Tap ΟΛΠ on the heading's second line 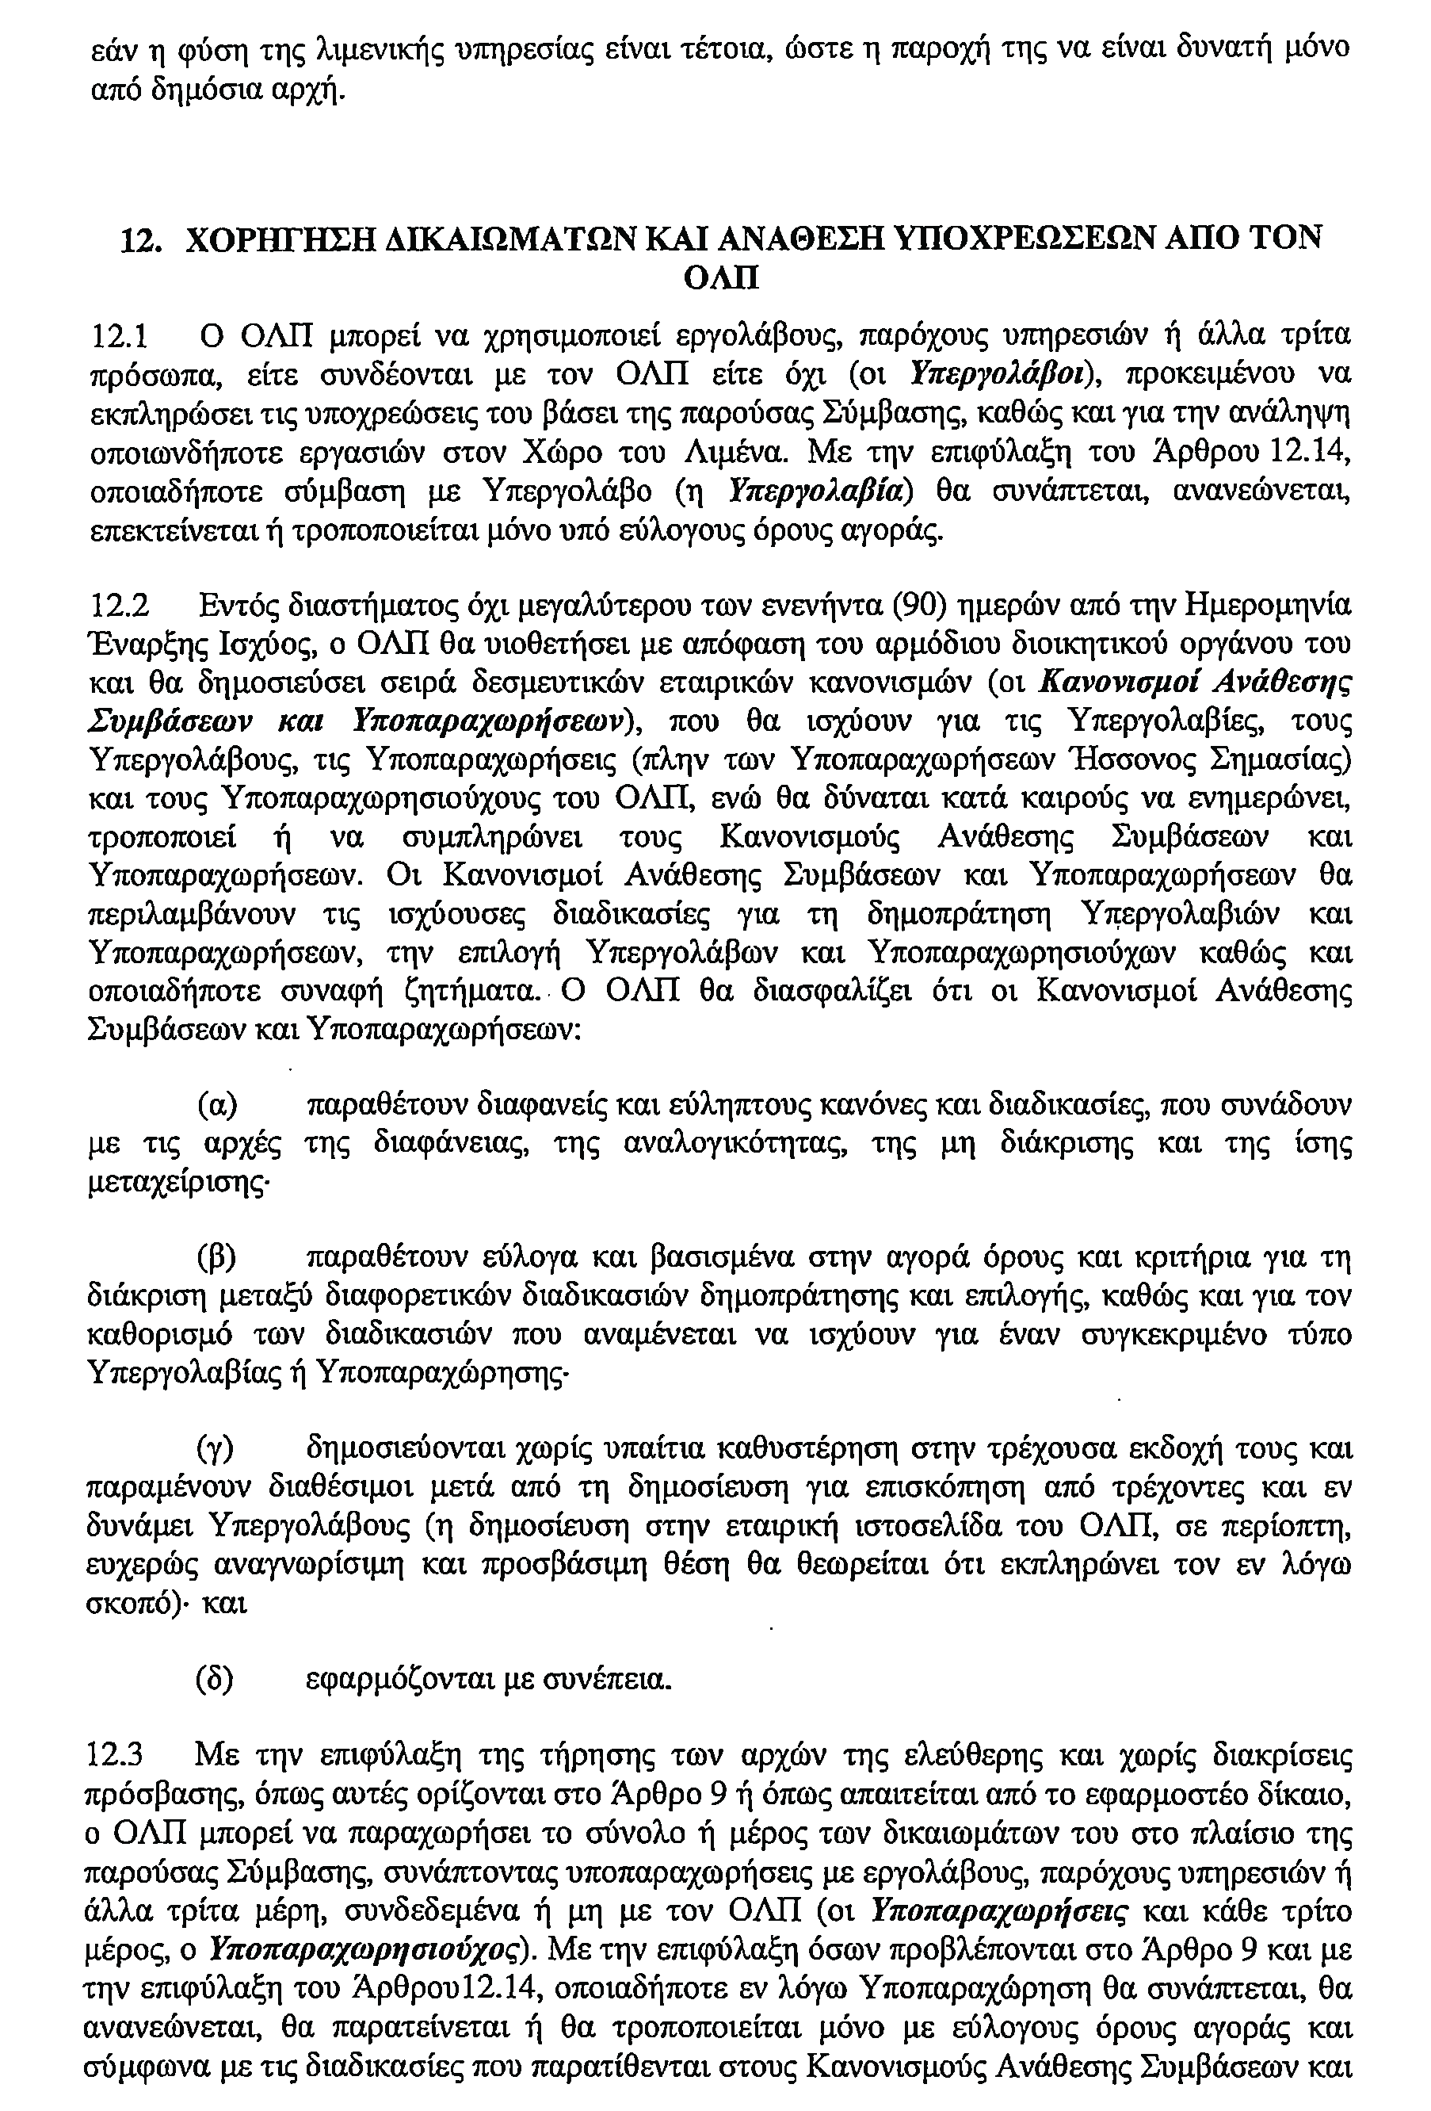(x=719, y=278)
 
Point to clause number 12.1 (x=120, y=337)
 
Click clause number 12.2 (x=120, y=605)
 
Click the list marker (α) (x=218, y=1106)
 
